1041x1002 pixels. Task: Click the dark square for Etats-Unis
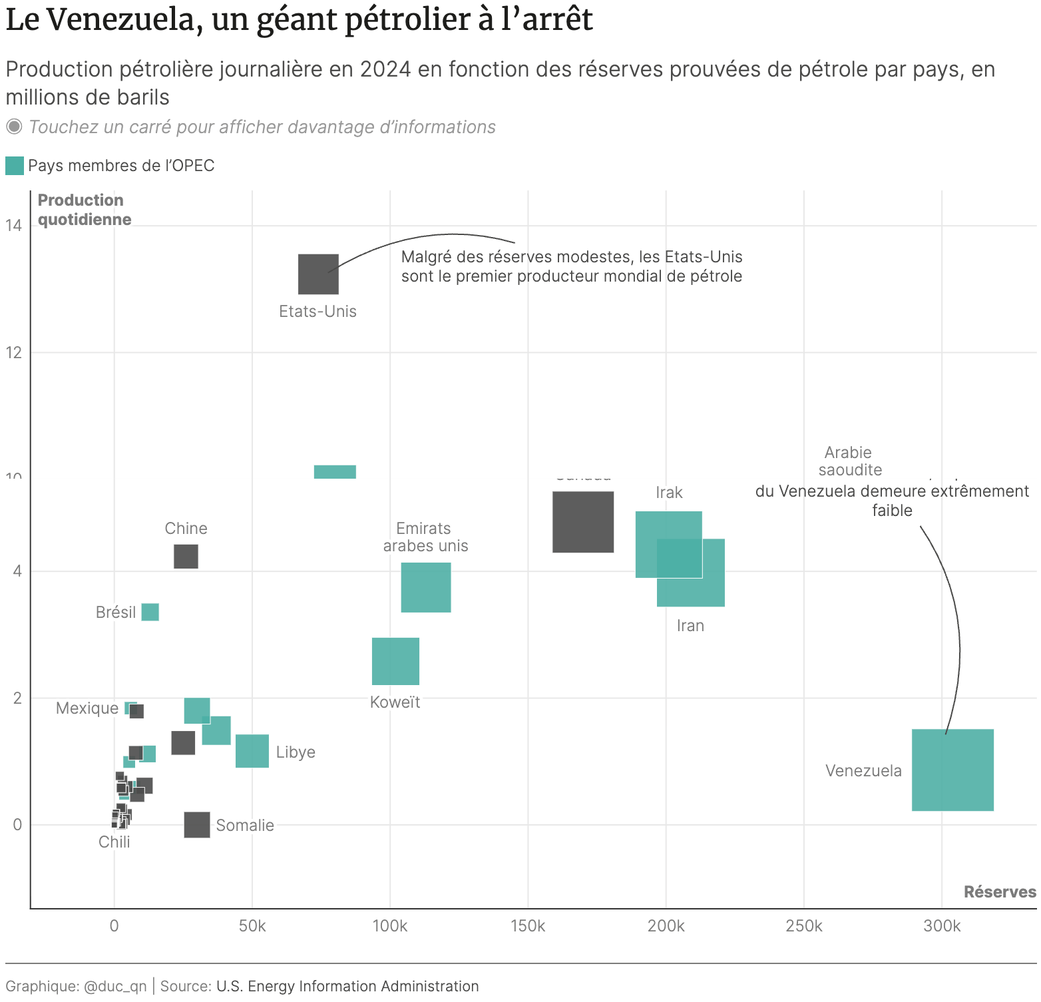coord(318,274)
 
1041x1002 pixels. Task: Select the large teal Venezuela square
coord(952,770)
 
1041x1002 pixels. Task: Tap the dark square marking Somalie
coord(197,825)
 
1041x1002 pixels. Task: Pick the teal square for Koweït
coord(395,661)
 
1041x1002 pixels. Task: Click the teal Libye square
coord(252,751)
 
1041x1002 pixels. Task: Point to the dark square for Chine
coord(186,557)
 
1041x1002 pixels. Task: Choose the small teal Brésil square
coord(150,612)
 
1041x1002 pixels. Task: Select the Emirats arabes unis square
coord(426,587)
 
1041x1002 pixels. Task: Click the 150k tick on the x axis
coord(528,926)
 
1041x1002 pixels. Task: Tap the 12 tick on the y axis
coord(14,352)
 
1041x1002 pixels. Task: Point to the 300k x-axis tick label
coord(942,926)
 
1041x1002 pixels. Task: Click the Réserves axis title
coord(1000,892)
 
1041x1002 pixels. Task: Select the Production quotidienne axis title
coord(85,210)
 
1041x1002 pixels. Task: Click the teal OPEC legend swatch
coord(15,166)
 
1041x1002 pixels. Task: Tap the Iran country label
coord(690,626)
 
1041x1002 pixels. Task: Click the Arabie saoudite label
coord(849,461)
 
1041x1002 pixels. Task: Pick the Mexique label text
coord(87,708)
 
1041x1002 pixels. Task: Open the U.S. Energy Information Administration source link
coord(347,986)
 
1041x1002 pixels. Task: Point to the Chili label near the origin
coord(114,842)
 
